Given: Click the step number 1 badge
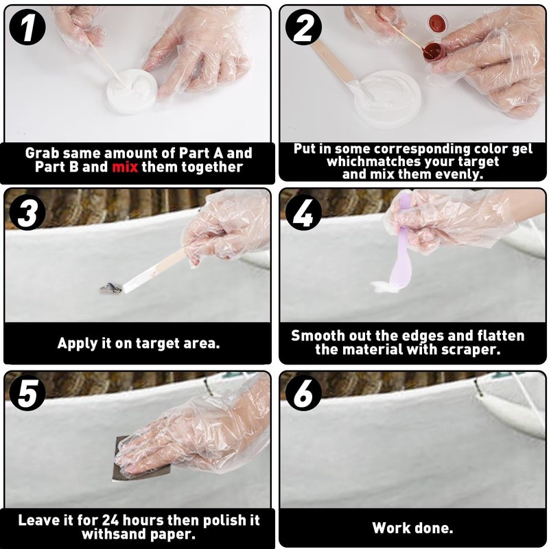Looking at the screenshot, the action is click(x=27, y=27).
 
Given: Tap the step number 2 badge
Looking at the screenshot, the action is click(x=303, y=27).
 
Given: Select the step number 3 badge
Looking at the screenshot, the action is click(x=27, y=212).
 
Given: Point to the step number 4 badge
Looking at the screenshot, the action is click(x=303, y=212).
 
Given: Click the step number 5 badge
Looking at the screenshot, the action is click(x=27, y=393).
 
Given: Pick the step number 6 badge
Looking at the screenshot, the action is click(x=303, y=393).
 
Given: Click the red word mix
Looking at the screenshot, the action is click(x=125, y=167).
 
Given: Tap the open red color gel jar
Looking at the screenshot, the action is click(x=434, y=52).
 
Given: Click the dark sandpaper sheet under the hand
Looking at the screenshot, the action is click(x=121, y=458).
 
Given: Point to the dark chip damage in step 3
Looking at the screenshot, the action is click(x=110, y=288).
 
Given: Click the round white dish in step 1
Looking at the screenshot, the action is click(x=132, y=92).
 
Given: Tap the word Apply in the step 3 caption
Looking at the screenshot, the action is click(x=78, y=344).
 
